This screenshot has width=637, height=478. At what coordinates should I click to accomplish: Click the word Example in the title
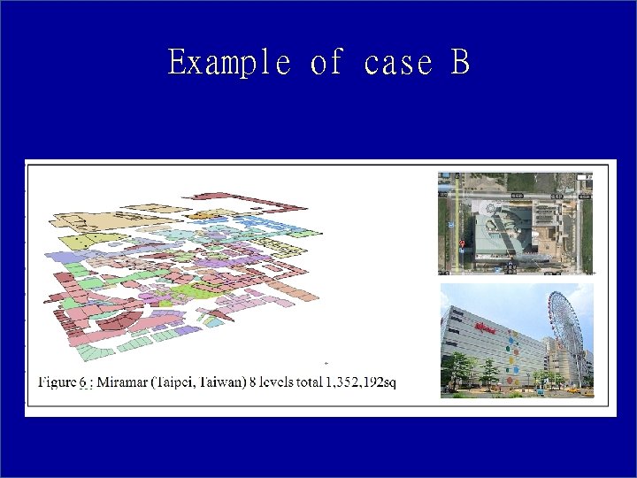(229, 63)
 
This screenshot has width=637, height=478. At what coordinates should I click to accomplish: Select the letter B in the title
(459, 63)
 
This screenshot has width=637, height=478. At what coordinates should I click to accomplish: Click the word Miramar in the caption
(123, 382)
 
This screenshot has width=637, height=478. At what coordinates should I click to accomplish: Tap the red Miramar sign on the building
(485, 328)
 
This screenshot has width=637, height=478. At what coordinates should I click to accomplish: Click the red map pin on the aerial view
(462, 244)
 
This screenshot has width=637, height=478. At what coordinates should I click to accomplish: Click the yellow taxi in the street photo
(571, 389)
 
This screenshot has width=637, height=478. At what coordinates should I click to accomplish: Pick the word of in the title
(326, 63)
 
